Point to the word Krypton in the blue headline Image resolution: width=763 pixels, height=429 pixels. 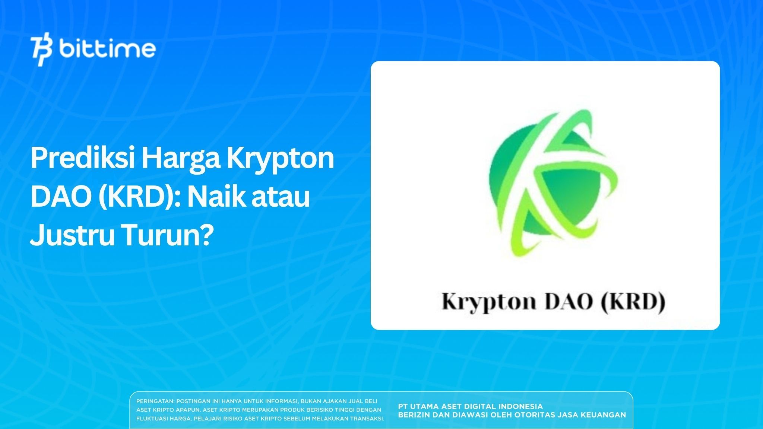[x=280, y=159]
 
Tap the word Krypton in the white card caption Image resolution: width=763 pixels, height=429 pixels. [x=488, y=302]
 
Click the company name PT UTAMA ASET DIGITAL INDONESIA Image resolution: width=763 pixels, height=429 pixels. [x=470, y=406]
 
